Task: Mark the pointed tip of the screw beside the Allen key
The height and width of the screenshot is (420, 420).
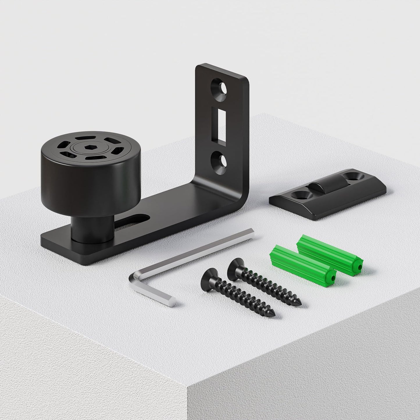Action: pyautogui.click(x=272, y=314)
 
